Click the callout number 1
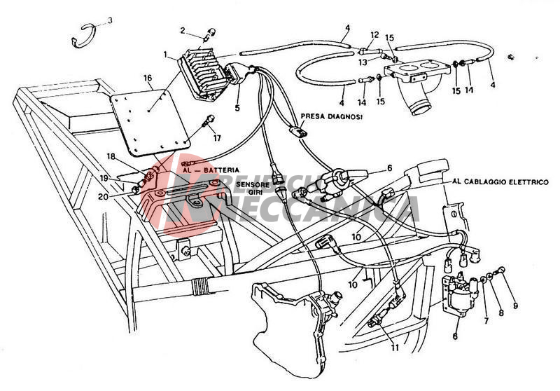point(165,54)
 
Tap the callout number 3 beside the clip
point(108,20)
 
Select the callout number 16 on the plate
point(148,78)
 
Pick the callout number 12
point(374,34)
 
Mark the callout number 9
point(515,306)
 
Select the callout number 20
point(103,197)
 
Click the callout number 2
point(183,30)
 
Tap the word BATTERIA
point(220,170)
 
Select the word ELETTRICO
point(522,181)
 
